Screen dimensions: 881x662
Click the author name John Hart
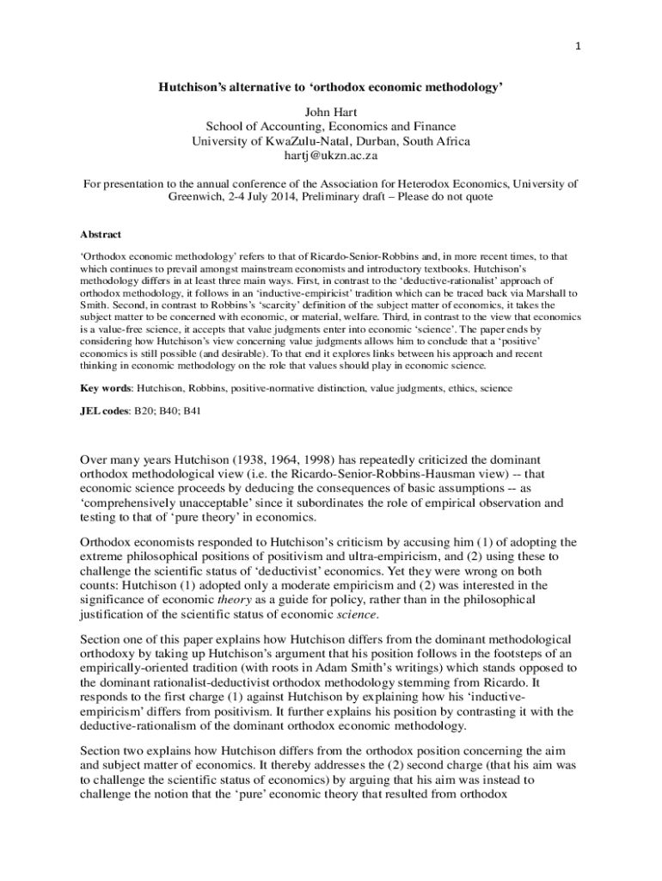pyautogui.click(x=330, y=112)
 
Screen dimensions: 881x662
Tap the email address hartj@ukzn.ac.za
pyautogui.click(x=331, y=157)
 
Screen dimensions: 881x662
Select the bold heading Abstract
pyautogui.click(x=101, y=234)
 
